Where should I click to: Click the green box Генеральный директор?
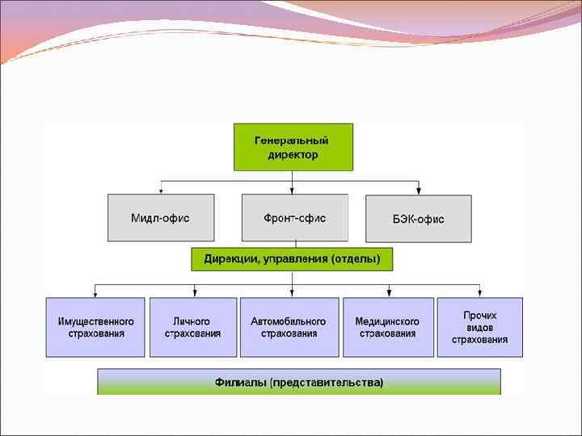point(293,147)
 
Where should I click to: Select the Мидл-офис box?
point(161,218)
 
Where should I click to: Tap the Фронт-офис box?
point(295,218)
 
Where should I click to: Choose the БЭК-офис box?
point(418,219)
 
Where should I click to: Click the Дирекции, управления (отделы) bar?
point(292,259)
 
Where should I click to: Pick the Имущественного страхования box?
point(95,327)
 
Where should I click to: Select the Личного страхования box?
point(193,327)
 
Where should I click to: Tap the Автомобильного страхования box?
point(289,327)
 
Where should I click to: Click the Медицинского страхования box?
point(387,327)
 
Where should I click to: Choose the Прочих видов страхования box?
point(480,327)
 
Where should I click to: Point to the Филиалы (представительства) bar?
point(299,382)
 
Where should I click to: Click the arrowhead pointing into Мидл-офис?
point(161,191)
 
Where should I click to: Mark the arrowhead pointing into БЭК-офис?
point(418,191)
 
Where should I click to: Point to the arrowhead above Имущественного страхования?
point(95,294)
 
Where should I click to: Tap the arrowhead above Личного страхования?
point(193,294)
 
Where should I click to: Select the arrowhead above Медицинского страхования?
point(387,294)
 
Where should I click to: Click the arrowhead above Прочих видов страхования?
point(480,294)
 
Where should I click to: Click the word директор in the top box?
point(293,154)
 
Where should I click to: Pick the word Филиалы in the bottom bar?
point(241,382)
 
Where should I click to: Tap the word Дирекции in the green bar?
point(226,259)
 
